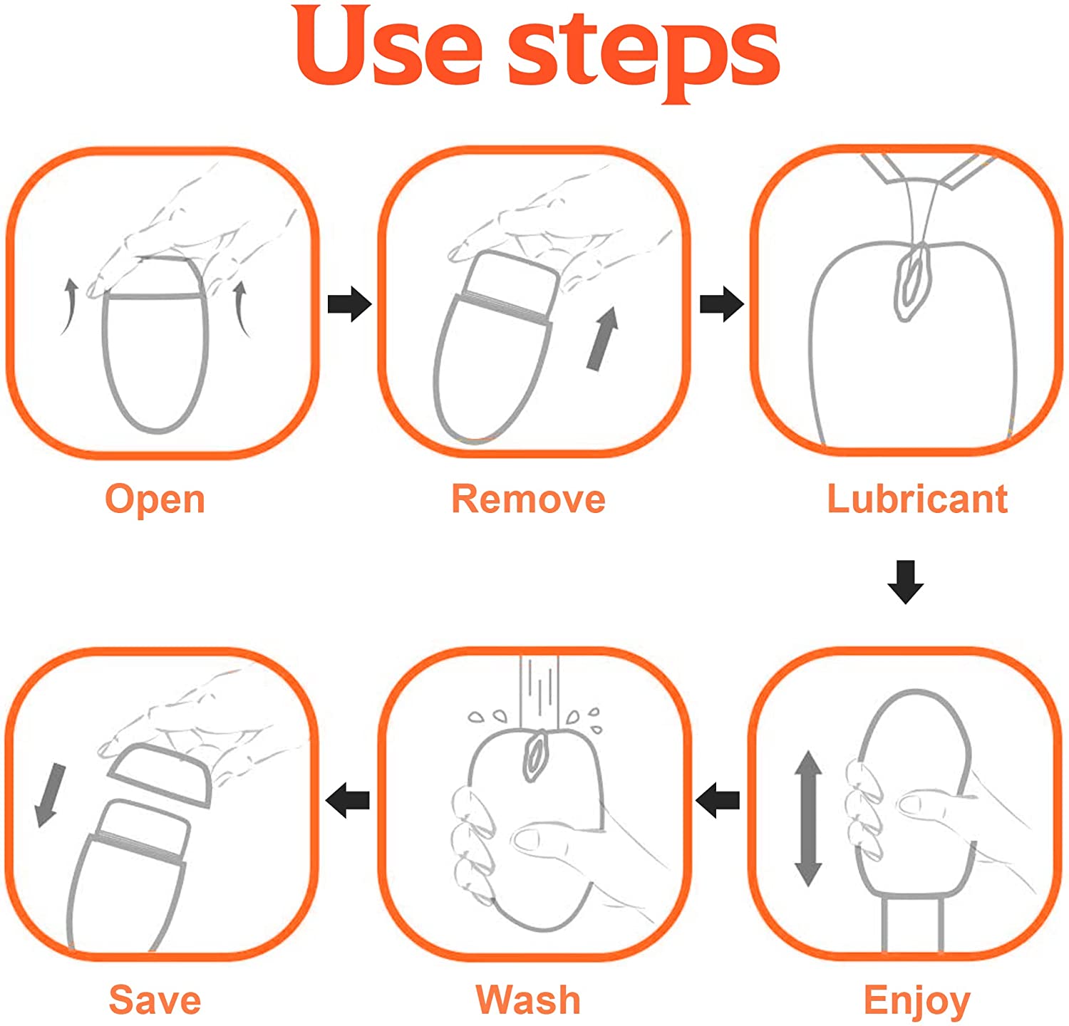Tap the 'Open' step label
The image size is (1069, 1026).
[155, 499]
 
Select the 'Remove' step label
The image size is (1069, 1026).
[528, 499]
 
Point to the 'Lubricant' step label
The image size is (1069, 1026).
[917, 498]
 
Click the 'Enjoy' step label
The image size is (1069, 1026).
[916, 1002]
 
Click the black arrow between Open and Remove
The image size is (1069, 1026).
[349, 304]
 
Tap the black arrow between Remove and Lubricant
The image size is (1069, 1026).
[722, 304]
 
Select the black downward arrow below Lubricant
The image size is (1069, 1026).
[906, 582]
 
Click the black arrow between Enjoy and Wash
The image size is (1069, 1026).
[717, 800]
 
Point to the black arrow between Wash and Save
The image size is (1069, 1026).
[347, 800]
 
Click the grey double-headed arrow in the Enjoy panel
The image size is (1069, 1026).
[808, 818]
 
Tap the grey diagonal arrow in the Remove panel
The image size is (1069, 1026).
[603, 338]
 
